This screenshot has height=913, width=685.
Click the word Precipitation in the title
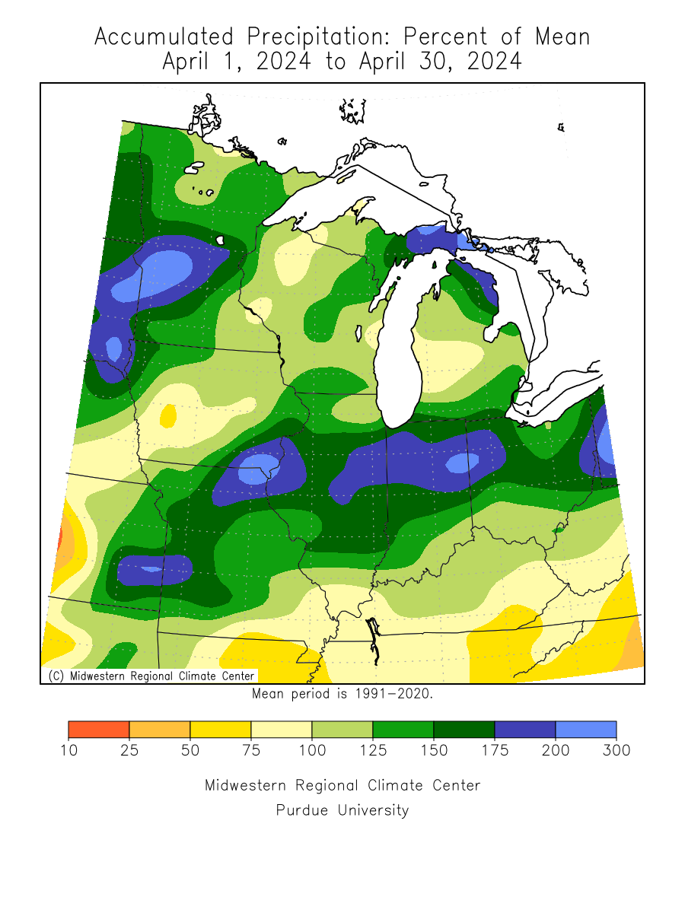(318, 37)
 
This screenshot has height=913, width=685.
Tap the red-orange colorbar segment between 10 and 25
(98, 730)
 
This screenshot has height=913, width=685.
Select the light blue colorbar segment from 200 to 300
(585, 730)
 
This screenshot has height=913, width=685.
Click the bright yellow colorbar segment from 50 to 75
(220, 730)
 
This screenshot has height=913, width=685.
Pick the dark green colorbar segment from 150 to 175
(464, 730)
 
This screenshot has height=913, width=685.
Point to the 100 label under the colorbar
(312, 750)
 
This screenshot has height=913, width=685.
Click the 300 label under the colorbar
(616, 750)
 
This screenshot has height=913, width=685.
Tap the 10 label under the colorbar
(68, 750)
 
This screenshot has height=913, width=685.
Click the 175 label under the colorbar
(495, 750)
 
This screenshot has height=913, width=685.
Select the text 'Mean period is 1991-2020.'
(342, 694)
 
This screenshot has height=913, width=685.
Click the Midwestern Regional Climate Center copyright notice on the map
(151, 676)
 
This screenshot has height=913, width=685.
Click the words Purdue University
(342, 810)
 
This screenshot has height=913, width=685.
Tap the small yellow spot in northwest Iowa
(167, 415)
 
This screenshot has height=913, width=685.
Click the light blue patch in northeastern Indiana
(462, 462)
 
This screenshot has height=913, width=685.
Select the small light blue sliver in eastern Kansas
(151, 568)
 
